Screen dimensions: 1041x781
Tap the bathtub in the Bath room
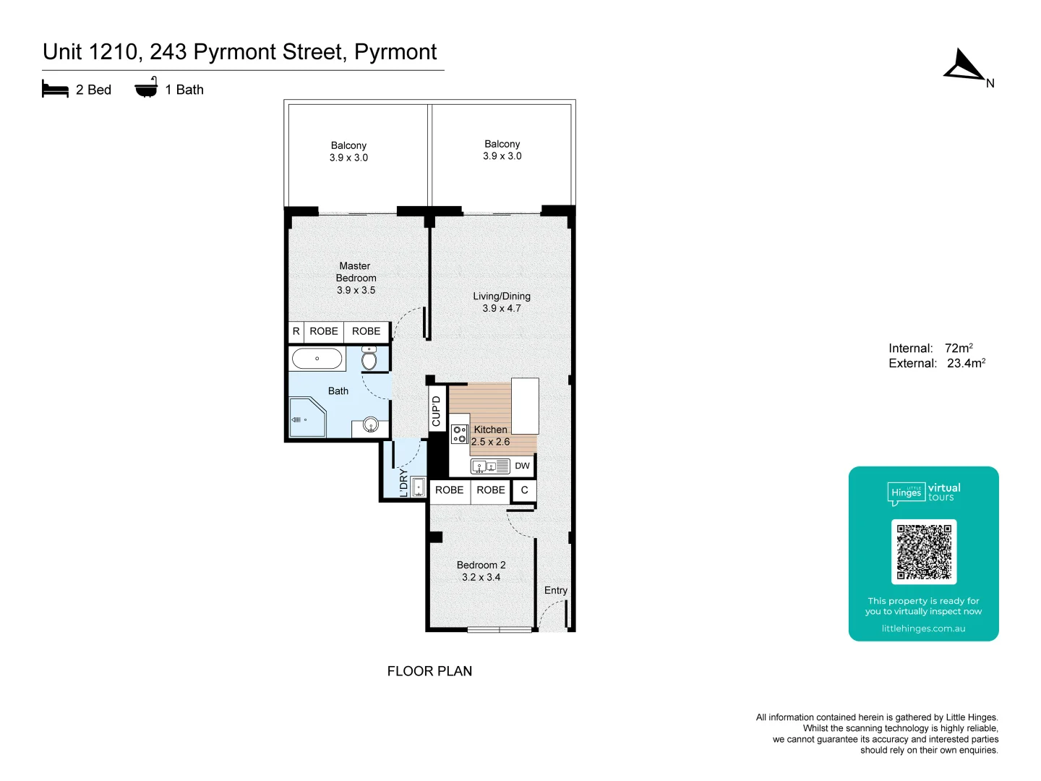click(x=317, y=359)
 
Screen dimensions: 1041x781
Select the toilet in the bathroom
click(x=369, y=359)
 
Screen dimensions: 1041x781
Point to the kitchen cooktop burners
click(x=459, y=435)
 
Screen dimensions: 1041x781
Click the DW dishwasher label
click(x=522, y=466)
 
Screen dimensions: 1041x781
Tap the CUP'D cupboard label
click(x=436, y=411)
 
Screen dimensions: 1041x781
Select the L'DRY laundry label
click(x=403, y=483)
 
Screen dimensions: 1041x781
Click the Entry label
click(x=555, y=590)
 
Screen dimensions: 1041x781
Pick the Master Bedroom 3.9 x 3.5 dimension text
click(x=356, y=290)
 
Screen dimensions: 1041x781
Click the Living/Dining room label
click(x=502, y=296)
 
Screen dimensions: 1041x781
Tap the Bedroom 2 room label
click(x=481, y=565)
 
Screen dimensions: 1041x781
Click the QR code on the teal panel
click(x=923, y=552)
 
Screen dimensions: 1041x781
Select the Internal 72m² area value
click(x=959, y=348)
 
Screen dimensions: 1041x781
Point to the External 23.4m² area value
click(x=966, y=363)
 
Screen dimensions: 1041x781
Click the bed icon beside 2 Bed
click(x=55, y=89)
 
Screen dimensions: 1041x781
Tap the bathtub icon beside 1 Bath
click(x=146, y=88)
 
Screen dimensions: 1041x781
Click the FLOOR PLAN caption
click(x=429, y=671)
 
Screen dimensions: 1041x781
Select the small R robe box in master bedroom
click(x=296, y=331)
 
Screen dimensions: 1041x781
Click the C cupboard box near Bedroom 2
click(x=524, y=490)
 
